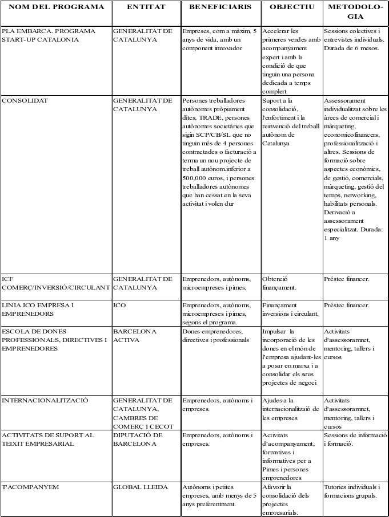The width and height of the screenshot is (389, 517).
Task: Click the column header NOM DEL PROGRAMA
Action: pos(56,7)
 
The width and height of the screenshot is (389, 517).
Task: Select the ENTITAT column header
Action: pos(146,7)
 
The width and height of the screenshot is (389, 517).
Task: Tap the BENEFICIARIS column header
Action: pos(220,7)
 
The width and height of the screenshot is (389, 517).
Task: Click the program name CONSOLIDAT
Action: pos(25,101)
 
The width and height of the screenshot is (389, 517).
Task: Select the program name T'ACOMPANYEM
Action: pos(31,487)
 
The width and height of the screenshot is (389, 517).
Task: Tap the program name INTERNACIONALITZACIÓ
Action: pos(45,400)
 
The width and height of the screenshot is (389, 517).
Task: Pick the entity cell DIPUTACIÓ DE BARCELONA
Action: pos(138,439)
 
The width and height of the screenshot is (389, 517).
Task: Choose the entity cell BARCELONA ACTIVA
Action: pos(134,335)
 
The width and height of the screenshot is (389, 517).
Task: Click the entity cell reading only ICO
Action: pos(119,305)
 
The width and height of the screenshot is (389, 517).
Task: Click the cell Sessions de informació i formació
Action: pos(354,439)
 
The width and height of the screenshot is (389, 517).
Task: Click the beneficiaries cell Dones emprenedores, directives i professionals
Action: pos(216,335)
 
